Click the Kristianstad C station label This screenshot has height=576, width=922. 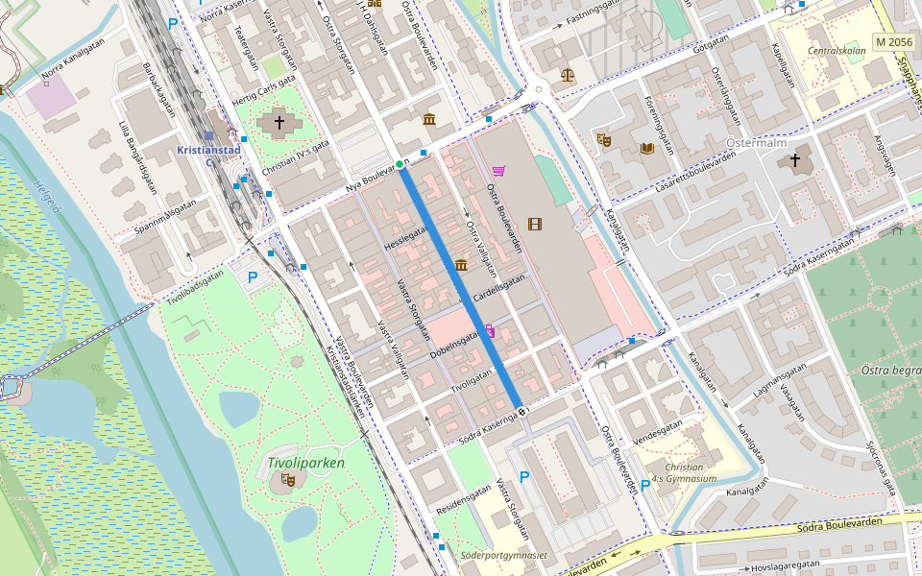click(x=208, y=156)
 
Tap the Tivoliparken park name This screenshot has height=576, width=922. click(x=305, y=463)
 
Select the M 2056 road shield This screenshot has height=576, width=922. click(x=893, y=42)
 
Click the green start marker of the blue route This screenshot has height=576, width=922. click(x=400, y=164)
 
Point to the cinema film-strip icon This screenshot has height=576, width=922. click(x=535, y=224)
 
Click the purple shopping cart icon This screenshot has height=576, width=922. click(x=498, y=171)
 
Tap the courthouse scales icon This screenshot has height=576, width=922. click(x=567, y=73)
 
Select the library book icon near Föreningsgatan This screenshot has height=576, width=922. click(x=647, y=148)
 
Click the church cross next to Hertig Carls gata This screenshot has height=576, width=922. click(x=279, y=122)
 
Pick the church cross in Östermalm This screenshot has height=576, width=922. click(x=795, y=160)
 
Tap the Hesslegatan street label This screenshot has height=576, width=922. click(x=404, y=236)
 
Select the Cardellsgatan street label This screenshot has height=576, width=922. click(x=497, y=286)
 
